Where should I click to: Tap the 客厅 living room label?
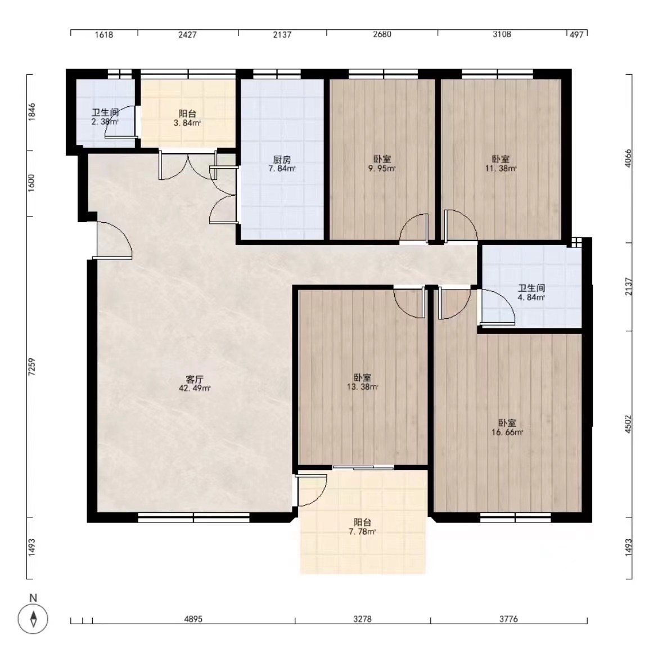click(x=194, y=380)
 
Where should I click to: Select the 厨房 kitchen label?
click(x=282, y=160)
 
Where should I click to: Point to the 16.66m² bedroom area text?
click(x=507, y=432)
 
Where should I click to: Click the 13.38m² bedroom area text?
click(x=363, y=387)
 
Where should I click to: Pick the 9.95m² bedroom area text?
click(x=382, y=169)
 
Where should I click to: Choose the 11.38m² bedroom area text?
click(x=501, y=169)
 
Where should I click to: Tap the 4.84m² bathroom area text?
click(x=531, y=298)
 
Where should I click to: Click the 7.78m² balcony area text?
click(x=362, y=532)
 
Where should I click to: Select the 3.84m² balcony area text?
click(x=187, y=123)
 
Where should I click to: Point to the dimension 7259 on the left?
click(x=32, y=367)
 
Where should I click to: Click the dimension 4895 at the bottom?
click(x=193, y=619)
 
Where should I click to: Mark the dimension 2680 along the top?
click(x=382, y=34)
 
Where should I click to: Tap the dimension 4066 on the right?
click(x=628, y=158)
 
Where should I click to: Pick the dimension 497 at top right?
click(x=576, y=35)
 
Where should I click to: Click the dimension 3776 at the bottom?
click(x=508, y=619)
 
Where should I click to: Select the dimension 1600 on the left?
click(x=32, y=183)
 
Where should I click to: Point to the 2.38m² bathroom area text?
click(x=105, y=122)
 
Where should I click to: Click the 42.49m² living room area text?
click(x=195, y=389)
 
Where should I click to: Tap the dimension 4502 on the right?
click(x=628, y=424)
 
